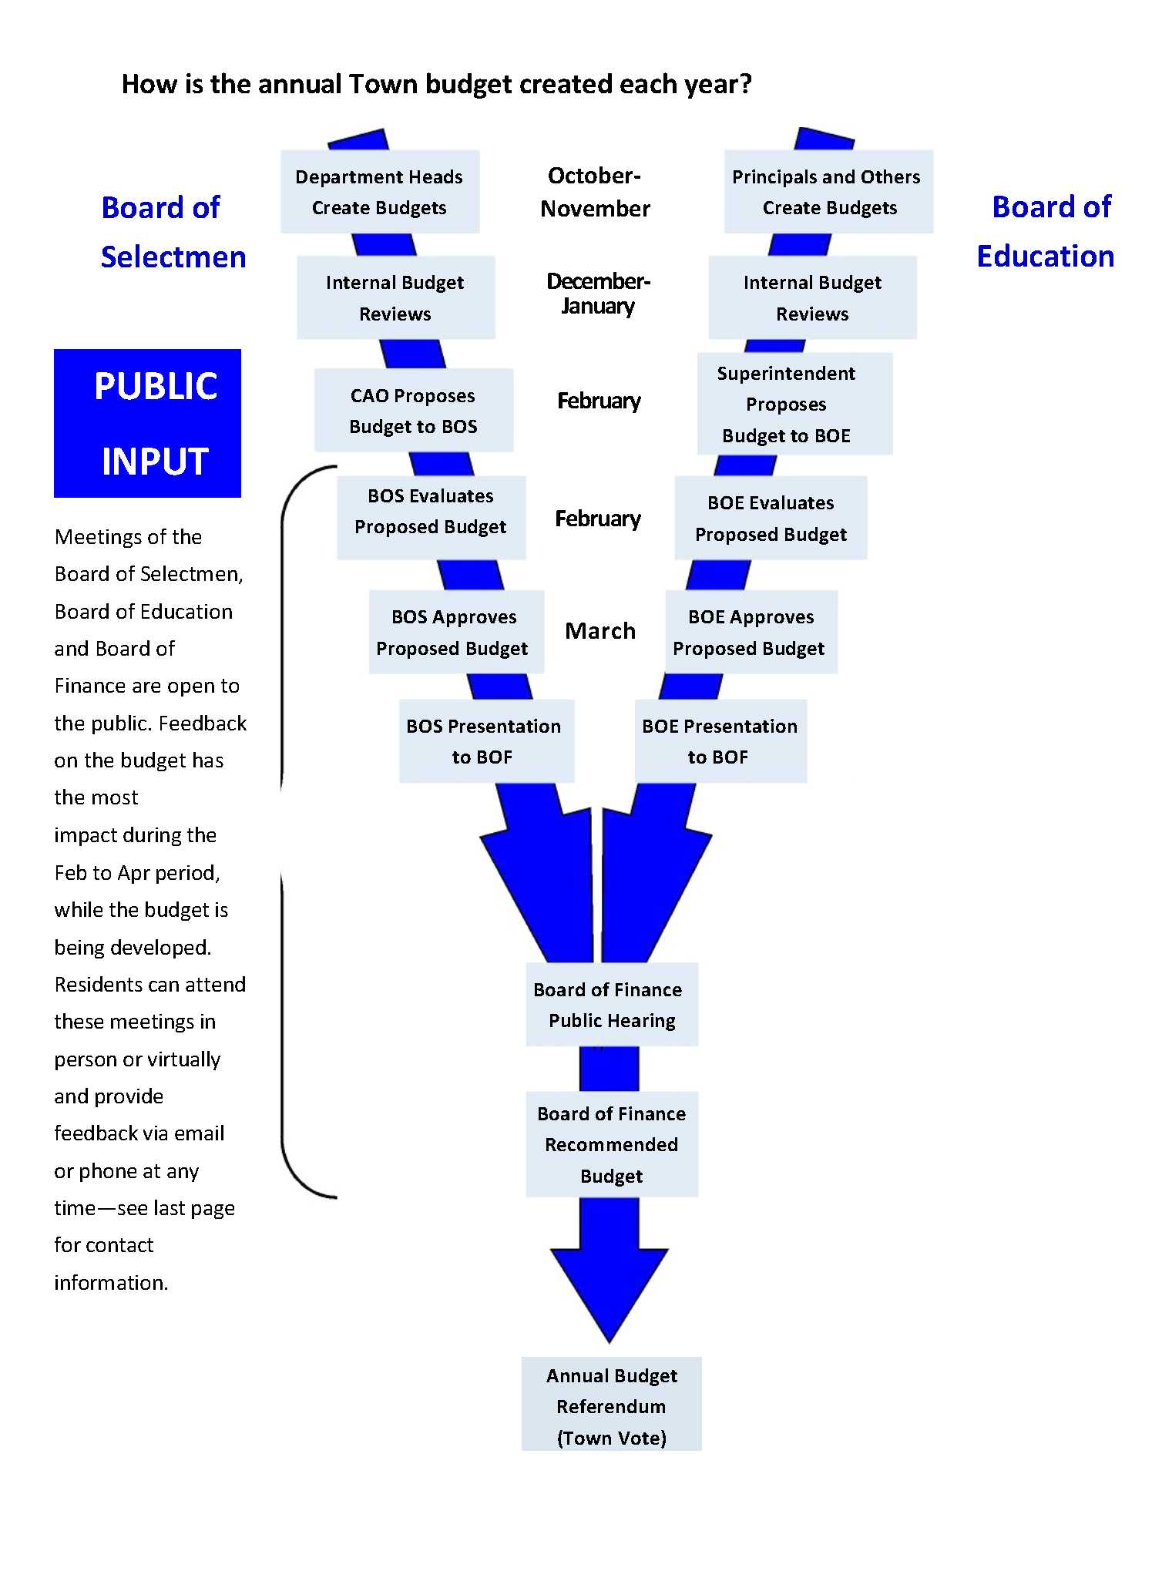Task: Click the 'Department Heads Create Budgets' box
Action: tap(380, 192)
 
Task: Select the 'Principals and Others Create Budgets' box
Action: tap(828, 192)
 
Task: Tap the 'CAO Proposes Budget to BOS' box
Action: tap(414, 410)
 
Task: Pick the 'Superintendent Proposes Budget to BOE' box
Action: tap(794, 404)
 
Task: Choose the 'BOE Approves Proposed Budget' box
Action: tap(751, 632)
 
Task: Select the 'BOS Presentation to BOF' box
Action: tap(486, 740)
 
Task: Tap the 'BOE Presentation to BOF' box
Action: tap(720, 740)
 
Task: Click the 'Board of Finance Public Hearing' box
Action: tap(612, 1004)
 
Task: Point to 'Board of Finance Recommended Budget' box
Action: tap(612, 1144)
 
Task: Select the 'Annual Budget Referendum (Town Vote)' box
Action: tap(612, 1406)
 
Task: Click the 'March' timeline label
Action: tap(600, 631)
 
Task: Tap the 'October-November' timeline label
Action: tap(595, 192)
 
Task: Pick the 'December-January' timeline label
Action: tap(598, 294)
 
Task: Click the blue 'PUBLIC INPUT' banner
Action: tap(148, 423)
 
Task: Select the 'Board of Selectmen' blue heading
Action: tap(173, 232)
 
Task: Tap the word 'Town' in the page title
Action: tap(383, 84)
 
